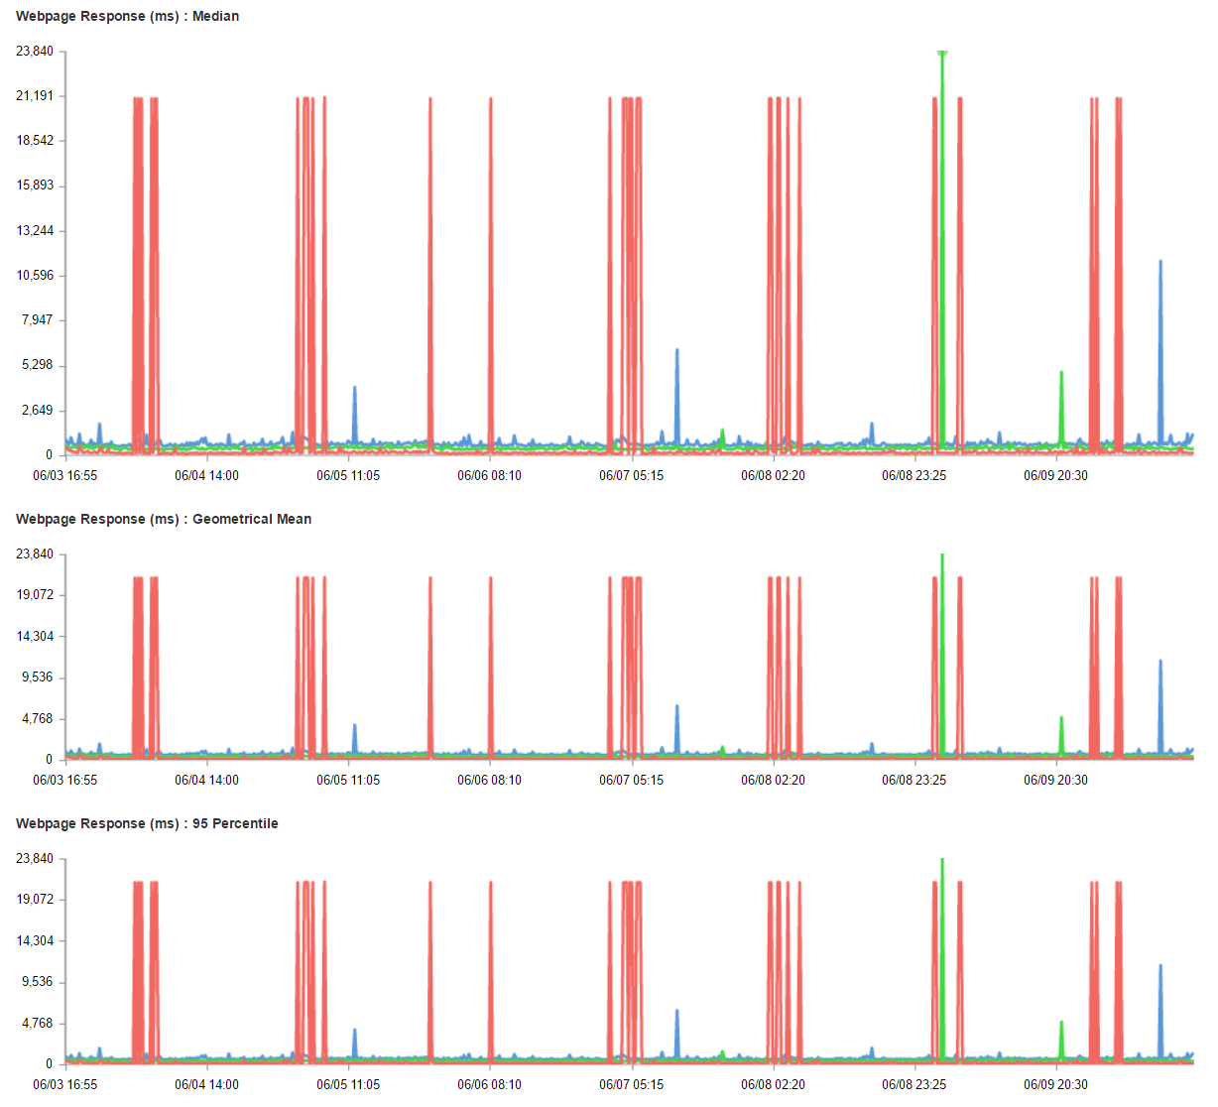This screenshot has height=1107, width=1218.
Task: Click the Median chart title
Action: pyautogui.click(x=127, y=16)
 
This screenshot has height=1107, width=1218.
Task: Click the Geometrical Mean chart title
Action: pyautogui.click(x=163, y=519)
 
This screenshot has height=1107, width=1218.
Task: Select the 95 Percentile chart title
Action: pyautogui.click(x=147, y=823)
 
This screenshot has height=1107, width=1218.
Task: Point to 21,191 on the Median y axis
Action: pyautogui.click(x=35, y=96)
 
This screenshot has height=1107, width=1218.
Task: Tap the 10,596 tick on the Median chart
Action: pyautogui.click(x=35, y=276)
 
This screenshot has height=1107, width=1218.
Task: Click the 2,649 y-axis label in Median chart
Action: pyautogui.click(x=38, y=411)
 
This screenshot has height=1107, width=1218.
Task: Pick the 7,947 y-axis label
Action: pyautogui.click(x=38, y=320)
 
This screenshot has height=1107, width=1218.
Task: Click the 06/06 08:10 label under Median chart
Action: pyautogui.click(x=489, y=476)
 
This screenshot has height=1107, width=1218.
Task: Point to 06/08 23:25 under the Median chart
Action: pyautogui.click(x=913, y=476)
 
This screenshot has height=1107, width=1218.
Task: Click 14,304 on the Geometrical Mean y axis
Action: pyautogui.click(x=35, y=637)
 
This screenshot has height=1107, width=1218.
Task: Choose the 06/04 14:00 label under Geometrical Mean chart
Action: pyautogui.click(x=206, y=781)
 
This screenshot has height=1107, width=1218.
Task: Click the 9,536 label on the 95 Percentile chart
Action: pyautogui.click(x=38, y=982)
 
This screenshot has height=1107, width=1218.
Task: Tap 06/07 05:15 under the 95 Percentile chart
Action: pyautogui.click(x=631, y=1085)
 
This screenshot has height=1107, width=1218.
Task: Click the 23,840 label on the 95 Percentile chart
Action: pyautogui.click(x=35, y=858)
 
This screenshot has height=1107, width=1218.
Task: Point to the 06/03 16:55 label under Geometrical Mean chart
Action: pyautogui.click(x=65, y=781)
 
